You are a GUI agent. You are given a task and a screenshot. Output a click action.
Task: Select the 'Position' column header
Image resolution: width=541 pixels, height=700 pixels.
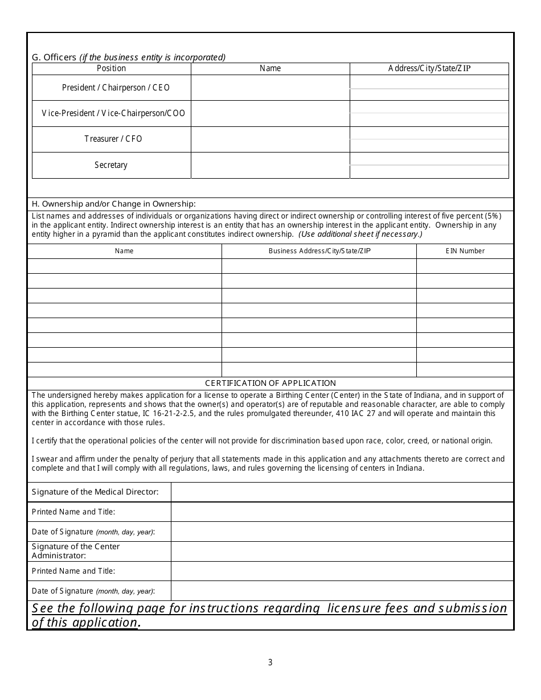point(111,68)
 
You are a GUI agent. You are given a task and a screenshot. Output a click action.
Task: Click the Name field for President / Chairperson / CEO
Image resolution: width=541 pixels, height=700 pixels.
point(270,88)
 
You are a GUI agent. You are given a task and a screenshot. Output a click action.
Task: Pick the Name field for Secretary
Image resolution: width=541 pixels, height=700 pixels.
point(270,165)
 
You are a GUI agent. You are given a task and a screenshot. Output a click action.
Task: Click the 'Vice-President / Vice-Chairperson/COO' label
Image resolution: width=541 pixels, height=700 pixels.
point(113,113)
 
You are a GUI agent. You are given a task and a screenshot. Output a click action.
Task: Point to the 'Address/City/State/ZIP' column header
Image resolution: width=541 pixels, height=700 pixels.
point(429,68)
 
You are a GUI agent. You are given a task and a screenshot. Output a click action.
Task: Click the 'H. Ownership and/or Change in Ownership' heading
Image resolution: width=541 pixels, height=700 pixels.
point(114,204)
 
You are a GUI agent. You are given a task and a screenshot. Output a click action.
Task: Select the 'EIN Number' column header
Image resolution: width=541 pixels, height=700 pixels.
point(465,251)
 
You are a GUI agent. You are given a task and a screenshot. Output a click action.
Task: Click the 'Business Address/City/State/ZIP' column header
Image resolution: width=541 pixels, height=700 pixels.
point(319,251)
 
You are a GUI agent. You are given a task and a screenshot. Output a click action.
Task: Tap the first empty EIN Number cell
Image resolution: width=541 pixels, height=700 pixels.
point(465,266)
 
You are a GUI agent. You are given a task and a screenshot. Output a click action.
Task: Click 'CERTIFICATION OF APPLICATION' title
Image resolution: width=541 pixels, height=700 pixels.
point(270,383)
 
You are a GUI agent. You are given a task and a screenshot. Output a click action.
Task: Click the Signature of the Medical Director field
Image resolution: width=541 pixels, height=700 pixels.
point(342,492)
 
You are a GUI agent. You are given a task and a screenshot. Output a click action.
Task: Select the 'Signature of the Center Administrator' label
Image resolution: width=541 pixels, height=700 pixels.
point(76,551)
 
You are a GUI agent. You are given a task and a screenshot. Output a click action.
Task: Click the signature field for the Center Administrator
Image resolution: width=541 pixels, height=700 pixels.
point(342,551)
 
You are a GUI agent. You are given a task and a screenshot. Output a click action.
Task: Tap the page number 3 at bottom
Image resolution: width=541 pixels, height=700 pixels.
point(270,662)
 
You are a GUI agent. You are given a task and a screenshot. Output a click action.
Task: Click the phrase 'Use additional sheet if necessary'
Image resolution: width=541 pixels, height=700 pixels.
point(360,234)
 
